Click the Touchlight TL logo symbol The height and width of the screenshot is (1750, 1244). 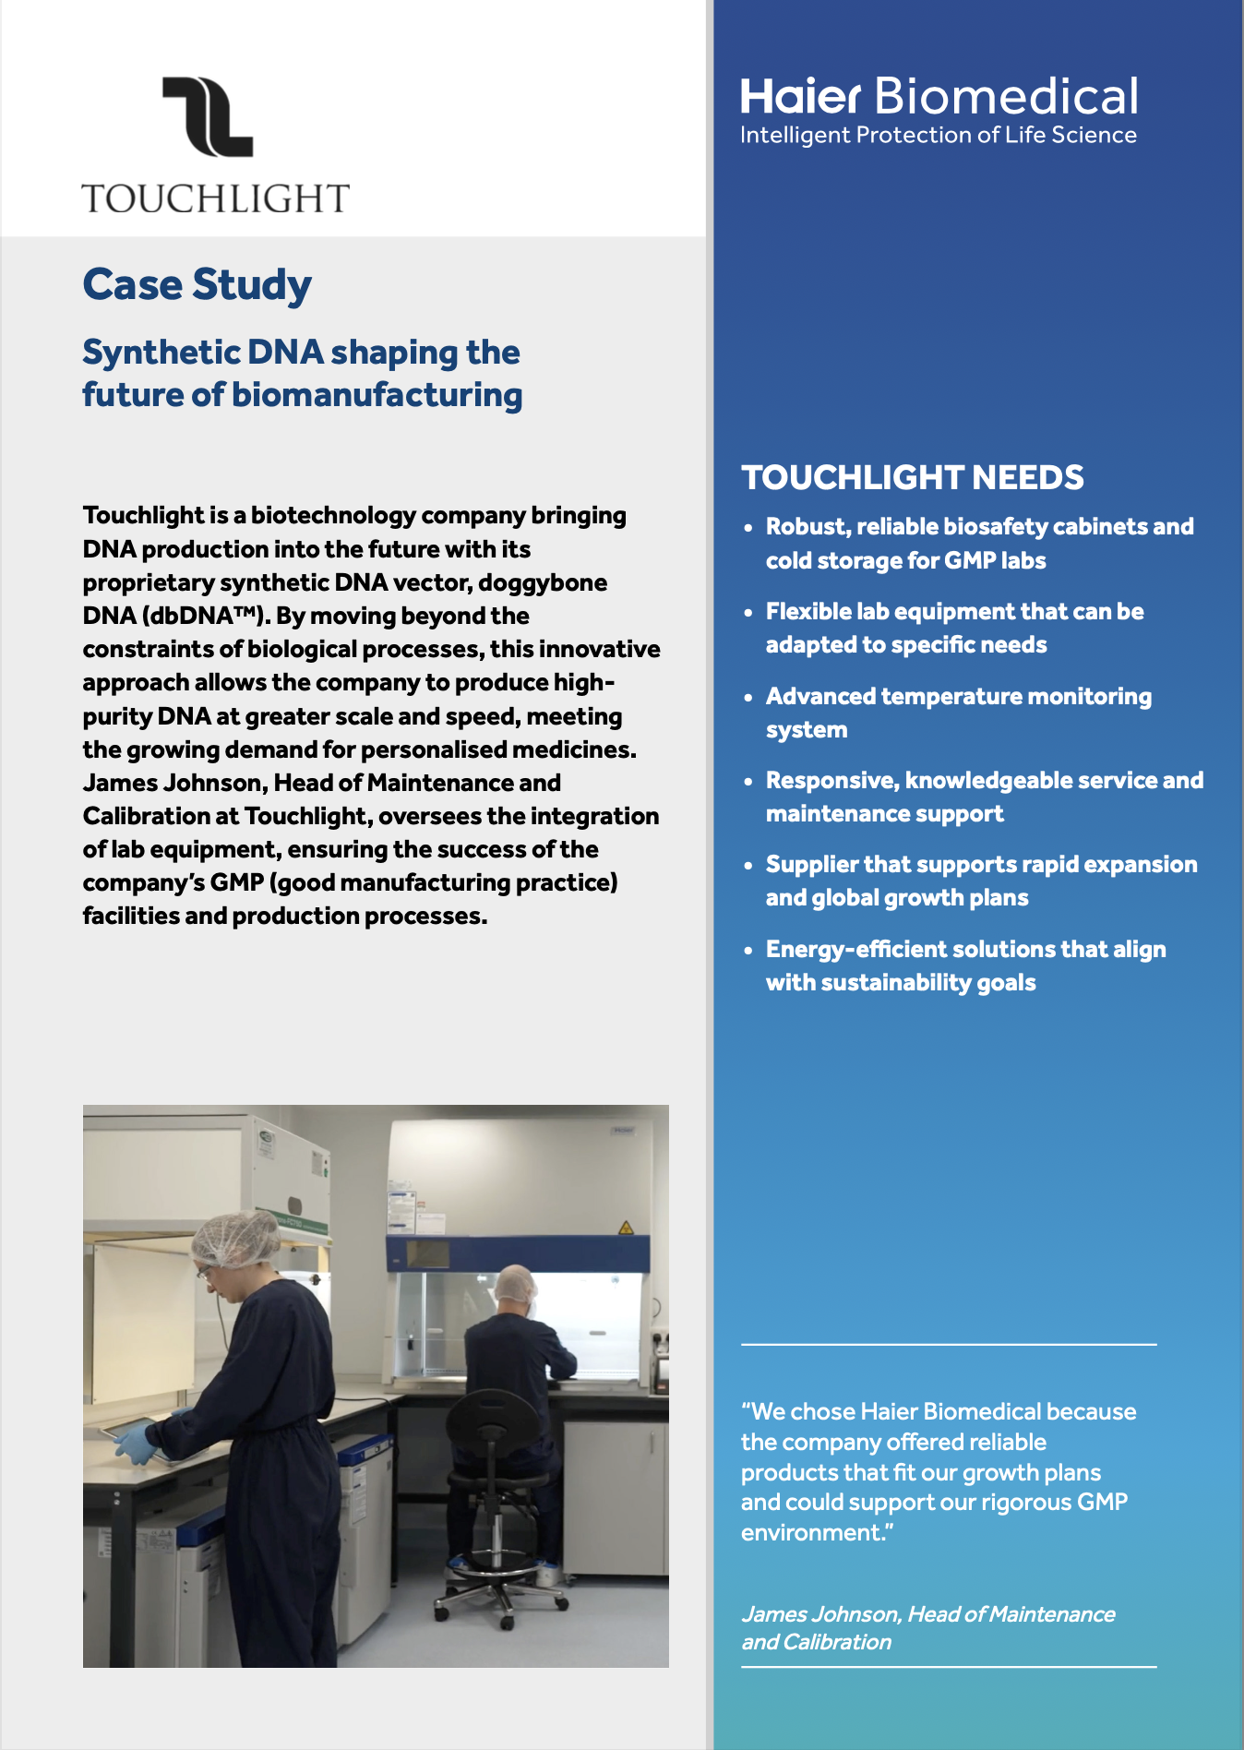coord(208,116)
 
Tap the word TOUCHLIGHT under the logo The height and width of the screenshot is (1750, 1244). coord(216,198)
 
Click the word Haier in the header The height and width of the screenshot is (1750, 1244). coord(800,97)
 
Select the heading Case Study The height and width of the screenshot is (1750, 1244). coord(197,284)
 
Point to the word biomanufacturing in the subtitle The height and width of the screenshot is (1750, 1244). coord(377,395)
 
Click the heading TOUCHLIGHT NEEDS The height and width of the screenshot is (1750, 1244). coord(912,477)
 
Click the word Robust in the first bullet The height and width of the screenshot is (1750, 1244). coord(807,527)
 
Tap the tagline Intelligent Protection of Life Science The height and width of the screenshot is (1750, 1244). coord(938,136)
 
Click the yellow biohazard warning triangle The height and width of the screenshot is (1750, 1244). coord(626,1228)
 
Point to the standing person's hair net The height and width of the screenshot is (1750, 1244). coord(235,1237)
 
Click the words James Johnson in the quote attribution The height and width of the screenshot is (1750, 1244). coord(820,1614)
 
